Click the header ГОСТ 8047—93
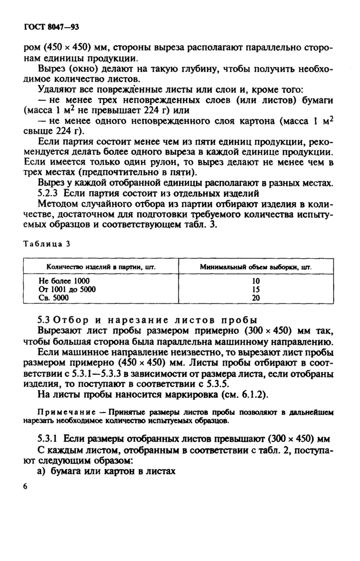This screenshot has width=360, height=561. (x=50, y=26)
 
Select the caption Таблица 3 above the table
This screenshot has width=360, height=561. (x=46, y=244)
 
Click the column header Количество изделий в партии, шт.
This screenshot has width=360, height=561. (x=101, y=267)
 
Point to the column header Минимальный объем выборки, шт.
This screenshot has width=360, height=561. (x=256, y=267)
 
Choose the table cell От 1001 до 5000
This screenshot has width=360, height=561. (x=67, y=289)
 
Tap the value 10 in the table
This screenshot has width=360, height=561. (x=256, y=281)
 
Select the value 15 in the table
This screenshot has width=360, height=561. (x=256, y=289)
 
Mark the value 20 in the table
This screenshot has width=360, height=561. (x=256, y=297)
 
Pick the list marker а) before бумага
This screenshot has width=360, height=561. (x=44, y=470)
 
